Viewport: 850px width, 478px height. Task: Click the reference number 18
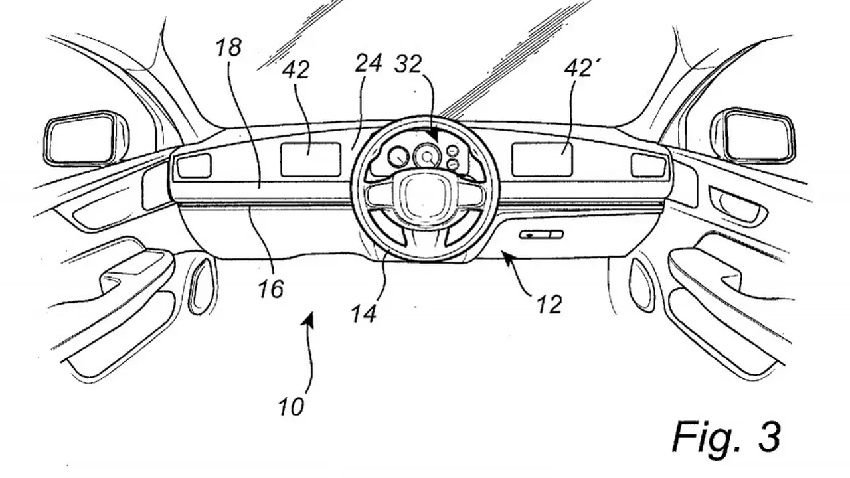tap(229, 48)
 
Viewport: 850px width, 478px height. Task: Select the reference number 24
tap(368, 63)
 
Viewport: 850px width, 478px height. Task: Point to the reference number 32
tap(408, 64)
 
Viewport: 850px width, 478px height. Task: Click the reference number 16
tap(270, 289)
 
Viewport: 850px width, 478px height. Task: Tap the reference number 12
tap(549, 304)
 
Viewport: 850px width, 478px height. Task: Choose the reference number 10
tap(292, 406)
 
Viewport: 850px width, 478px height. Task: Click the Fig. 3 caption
tap(726, 436)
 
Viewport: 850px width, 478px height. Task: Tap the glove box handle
tap(541, 234)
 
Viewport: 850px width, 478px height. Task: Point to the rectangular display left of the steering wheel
tap(310, 159)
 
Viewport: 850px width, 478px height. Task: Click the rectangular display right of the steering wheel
tap(542, 159)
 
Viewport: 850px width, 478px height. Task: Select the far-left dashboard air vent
tap(194, 166)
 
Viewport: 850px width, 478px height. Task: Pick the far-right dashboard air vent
tap(648, 166)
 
